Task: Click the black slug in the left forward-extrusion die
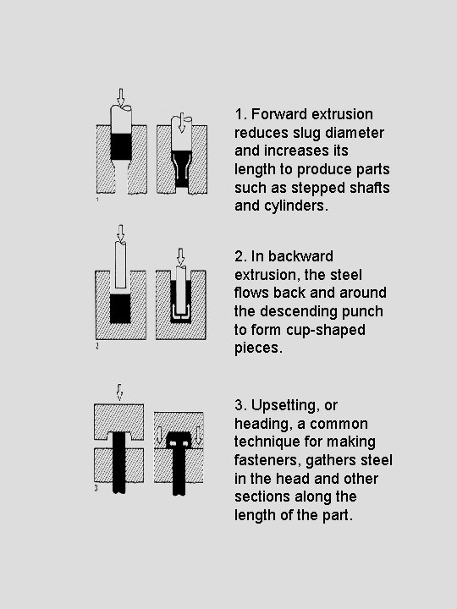(121, 147)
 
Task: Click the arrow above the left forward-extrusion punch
(121, 96)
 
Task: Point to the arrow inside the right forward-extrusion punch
(181, 123)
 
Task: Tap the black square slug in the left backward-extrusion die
(120, 309)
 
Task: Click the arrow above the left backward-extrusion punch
(121, 233)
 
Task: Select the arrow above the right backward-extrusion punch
(180, 257)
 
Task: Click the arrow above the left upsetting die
(119, 392)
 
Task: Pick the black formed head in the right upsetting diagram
(179, 440)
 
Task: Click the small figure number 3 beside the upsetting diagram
(96, 488)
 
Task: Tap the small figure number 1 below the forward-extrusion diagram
(97, 200)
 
